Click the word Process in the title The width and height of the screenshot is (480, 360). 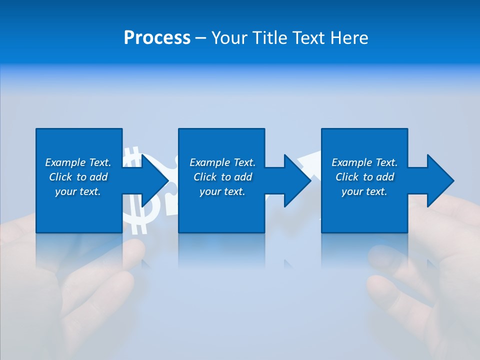pyautogui.click(x=157, y=38)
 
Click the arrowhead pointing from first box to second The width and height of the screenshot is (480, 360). pyautogui.click(x=155, y=180)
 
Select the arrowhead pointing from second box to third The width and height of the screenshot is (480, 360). pyautogui.click(x=297, y=180)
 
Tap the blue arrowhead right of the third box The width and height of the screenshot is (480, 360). pyautogui.click(x=440, y=180)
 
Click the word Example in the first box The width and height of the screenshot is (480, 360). pyautogui.click(x=65, y=162)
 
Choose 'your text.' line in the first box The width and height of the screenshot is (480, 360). pyautogui.click(x=78, y=191)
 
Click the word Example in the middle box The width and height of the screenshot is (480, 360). pyautogui.click(x=209, y=162)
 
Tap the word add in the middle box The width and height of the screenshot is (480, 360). pyautogui.click(x=243, y=177)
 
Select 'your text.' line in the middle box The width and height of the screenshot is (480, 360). pyautogui.click(x=222, y=191)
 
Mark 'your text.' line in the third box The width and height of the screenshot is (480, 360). pyautogui.click(x=364, y=191)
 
